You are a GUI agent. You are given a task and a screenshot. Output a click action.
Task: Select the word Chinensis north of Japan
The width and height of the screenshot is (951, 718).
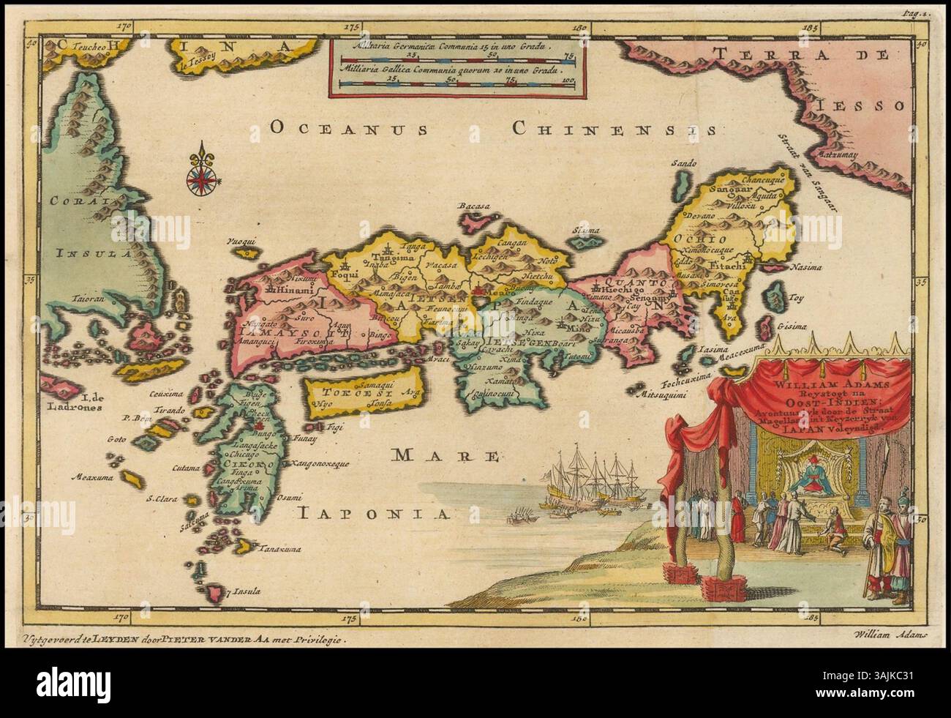coord(613,130)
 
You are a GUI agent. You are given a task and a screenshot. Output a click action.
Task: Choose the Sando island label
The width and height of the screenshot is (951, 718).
coord(683,165)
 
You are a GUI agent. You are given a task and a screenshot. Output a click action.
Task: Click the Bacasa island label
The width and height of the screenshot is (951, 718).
coord(473,207)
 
